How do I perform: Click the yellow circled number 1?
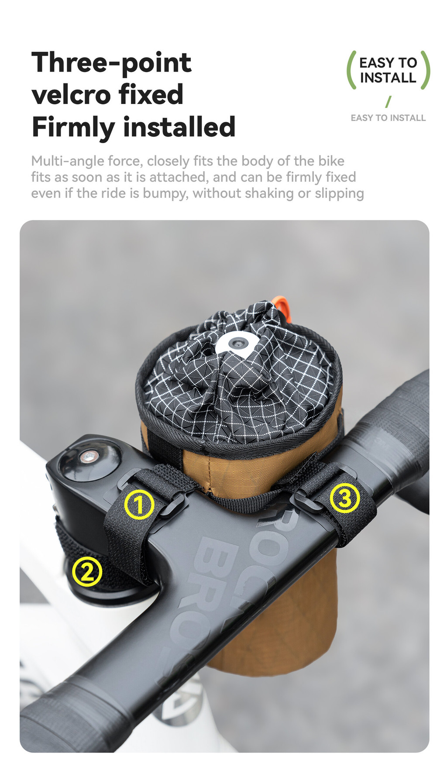pos(139,504)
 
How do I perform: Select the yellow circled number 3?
pos(345,498)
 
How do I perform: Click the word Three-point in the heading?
pos(111,63)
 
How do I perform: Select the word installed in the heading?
pos(179,127)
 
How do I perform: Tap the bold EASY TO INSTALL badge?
pos(388,70)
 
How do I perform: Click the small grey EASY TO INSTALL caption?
pos(388,118)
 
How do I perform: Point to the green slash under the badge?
pos(388,102)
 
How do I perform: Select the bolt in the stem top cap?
pos(89,457)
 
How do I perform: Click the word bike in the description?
pos(331,161)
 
